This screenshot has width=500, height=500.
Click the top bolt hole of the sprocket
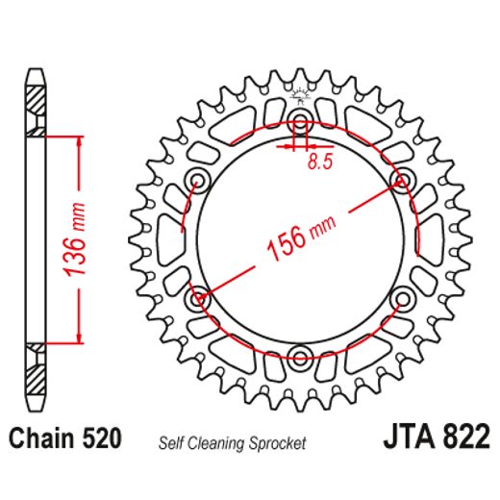click(300, 124)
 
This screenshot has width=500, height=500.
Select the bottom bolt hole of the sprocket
click(300, 359)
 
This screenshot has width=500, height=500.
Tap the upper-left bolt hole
click(199, 181)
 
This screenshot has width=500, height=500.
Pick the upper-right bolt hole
click(401, 181)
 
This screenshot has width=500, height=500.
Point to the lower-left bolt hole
click(200, 299)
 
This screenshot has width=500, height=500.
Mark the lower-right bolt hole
click(401, 299)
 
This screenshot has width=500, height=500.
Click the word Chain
click(41, 439)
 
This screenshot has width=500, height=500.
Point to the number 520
click(101, 439)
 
